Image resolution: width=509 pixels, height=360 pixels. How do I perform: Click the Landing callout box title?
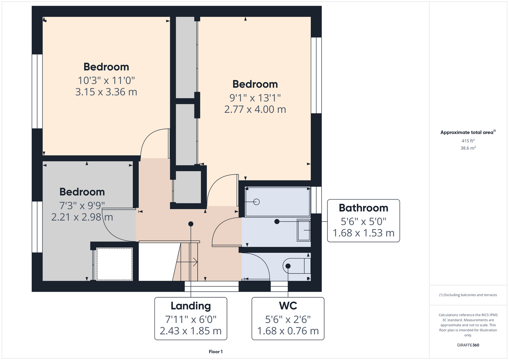tap(191, 306)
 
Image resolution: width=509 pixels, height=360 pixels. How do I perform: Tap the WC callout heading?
tap(288, 306)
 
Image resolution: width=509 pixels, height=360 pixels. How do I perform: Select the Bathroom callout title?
tap(363, 208)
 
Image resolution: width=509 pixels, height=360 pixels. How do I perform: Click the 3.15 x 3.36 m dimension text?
tap(106, 92)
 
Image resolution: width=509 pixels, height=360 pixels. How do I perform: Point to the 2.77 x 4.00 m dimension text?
tap(255, 109)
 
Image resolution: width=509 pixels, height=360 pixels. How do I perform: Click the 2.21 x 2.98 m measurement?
tap(82, 217)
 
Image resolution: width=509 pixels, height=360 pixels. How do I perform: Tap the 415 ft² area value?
tap(468, 141)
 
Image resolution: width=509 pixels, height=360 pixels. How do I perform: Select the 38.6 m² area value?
tap(468, 148)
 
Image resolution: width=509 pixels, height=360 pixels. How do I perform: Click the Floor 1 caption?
tap(216, 352)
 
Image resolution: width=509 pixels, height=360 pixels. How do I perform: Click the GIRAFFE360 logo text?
tap(468, 345)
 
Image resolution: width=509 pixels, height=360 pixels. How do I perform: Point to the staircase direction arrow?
tap(187, 262)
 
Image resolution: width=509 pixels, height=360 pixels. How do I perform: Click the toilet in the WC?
tap(296, 266)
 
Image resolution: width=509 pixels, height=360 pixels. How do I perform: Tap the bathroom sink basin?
tap(304, 230)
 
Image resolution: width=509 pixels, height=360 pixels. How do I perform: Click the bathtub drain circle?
tap(256, 202)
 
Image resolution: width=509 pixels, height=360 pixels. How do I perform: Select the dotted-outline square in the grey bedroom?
tap(115, 264)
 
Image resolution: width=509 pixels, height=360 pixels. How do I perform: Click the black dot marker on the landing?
tap(191, 224)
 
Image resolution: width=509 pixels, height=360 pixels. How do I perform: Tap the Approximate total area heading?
tap(468, 132)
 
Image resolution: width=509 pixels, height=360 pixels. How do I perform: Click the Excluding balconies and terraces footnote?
tap(468, 295)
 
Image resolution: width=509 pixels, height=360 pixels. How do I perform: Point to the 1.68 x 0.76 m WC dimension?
tap(288, 331)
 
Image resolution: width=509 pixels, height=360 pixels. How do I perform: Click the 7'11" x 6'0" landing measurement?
tap(191, 320)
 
